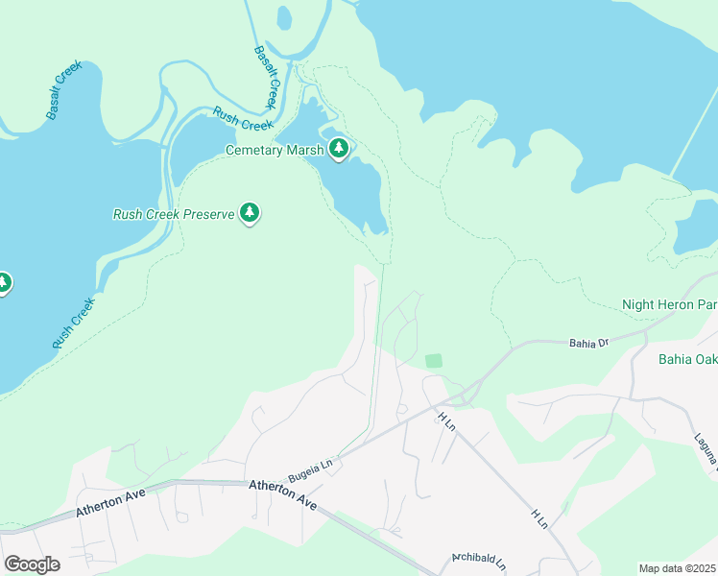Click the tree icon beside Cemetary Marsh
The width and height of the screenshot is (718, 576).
[338, 149]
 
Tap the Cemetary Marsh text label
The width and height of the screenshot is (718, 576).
[274, 150]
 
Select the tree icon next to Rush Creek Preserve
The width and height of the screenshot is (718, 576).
[250, 213]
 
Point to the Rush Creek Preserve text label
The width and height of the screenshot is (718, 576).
[174, 214]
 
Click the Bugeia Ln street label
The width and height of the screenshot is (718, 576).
[313, 466]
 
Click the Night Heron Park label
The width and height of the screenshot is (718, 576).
[669, 304]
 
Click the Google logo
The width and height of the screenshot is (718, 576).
[32, 564]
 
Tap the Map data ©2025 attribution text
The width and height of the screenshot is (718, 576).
[678, 568]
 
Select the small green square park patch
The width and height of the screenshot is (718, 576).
[434, 360]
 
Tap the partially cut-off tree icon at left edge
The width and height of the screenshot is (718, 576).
[3, 282]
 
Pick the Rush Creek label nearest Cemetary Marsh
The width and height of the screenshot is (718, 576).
[243, 118]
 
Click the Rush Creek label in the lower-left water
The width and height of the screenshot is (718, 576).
[73, 323]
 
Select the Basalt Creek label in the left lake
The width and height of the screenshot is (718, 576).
[63, 90]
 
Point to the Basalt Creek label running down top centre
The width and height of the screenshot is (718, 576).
[266, 78]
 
